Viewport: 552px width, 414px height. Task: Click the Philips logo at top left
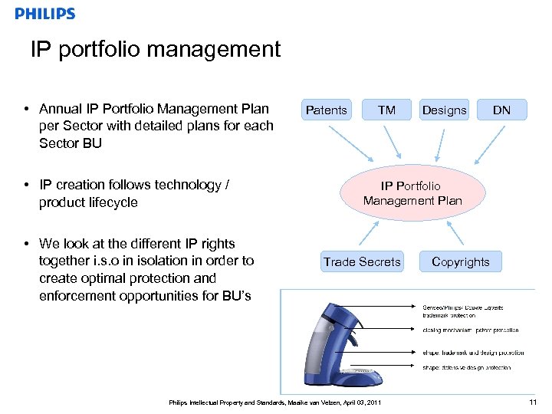[x=45, y=14]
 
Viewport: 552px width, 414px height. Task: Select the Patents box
[x=326, y=110]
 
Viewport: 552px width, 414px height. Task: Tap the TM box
[x=386, y=110]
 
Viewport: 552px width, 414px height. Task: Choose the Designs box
[x=444, y=110]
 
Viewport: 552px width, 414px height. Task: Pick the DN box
[x=501, y=110]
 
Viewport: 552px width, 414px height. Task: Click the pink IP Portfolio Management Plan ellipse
[x=412, y=193]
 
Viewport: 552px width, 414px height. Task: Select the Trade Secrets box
[x=362, y=262]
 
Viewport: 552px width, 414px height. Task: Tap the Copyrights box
[x=460, y=262]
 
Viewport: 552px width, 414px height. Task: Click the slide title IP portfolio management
[x=156, y=50]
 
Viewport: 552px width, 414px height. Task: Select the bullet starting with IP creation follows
[x=134, y=193]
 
